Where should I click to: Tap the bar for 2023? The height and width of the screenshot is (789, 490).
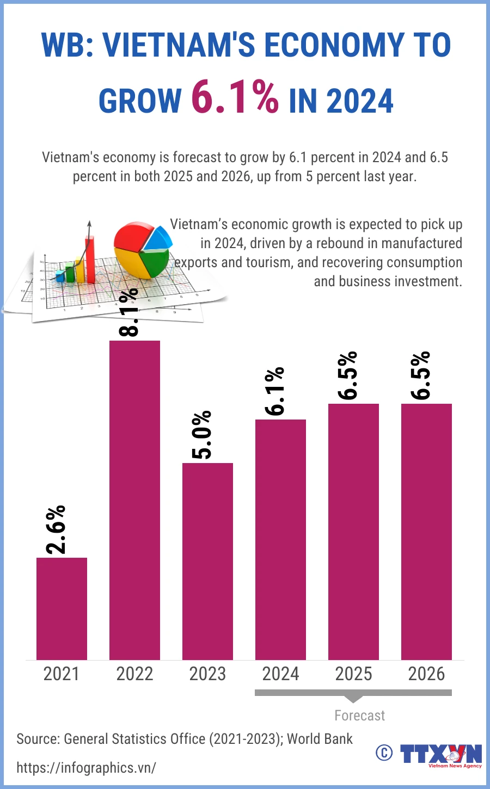click(207, 560)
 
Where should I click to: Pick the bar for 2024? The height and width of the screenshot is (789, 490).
click(280, 539)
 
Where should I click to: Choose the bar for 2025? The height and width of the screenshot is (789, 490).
click(353, 531)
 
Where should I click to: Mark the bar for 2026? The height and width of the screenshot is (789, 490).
click(426, 531)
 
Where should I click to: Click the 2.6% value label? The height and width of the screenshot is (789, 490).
click(56, 529)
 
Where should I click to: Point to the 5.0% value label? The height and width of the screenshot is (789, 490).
click(202, 435)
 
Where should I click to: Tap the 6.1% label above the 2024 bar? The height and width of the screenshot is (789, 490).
click(275, 391)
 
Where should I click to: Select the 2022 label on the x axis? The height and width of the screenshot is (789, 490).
click(134, 674)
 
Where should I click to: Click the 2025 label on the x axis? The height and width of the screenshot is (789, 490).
click(353, 674)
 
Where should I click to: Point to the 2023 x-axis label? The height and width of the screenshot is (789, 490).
click(207, 674)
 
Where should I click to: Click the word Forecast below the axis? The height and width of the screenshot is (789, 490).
click(359, 716)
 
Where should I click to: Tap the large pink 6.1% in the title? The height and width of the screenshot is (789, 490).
click(235, 98)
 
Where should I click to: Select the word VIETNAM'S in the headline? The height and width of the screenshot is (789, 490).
click(179, 45)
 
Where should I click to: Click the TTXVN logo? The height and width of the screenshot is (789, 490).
click(441, 755)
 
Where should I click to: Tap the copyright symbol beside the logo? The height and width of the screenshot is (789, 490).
click(384, 753)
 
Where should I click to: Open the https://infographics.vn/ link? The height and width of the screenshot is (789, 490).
click(86, 768)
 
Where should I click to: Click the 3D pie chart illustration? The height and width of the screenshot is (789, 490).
click(143, 249)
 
